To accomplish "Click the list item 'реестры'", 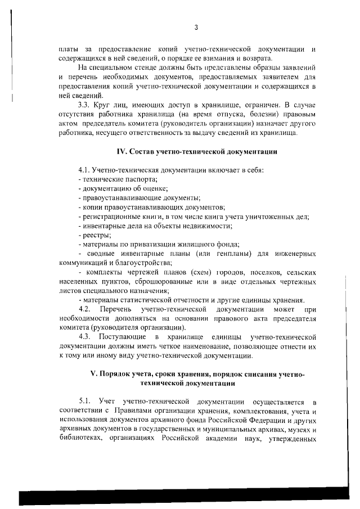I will pyautogui.click(x=97, y=235).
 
